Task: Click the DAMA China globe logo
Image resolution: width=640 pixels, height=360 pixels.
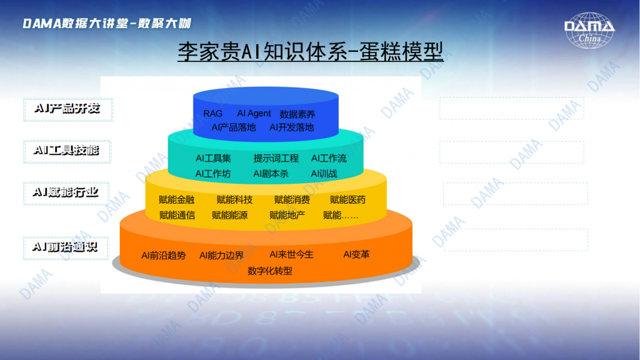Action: pyautogui.click(x=589, y=31)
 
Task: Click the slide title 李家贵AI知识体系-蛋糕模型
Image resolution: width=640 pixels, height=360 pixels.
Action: pyautogui.click(x=310, y=52)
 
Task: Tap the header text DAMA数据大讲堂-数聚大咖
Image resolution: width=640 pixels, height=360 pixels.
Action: pyautogui.click(x=107, y=23)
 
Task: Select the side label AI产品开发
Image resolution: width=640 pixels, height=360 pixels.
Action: pyautogui.click(x=67, y=109)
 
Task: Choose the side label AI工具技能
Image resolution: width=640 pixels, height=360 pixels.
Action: pyautogui.click(x=66, y=151)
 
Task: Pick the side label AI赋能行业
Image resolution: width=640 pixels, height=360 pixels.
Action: pyautogui.click(x=66, y=192)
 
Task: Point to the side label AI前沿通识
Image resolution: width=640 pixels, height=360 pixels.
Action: pyautogui.click(x=65, y=247)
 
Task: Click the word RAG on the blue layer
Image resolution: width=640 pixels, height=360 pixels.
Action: pyautogui.click(x=212, y=114)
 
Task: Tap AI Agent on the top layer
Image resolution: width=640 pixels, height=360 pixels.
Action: pyautogui.click(x=254, y=114)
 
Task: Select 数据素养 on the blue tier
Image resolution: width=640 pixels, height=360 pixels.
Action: pyautogui.click(x=297, y=114)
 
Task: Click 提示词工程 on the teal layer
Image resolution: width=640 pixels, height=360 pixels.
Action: pyautogui.click(x=276, y=158)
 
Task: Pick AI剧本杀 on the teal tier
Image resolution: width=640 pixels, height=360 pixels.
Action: pyautogui.click(x=271, y=174)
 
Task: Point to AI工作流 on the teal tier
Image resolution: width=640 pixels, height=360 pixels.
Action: pyautogui.click(x=329, y=158)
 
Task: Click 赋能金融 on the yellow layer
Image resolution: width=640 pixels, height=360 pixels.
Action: pyautogui.click(x=176, y=199)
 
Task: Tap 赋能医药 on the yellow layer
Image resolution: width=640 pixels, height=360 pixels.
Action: pyautogui.click(x=347, y=199)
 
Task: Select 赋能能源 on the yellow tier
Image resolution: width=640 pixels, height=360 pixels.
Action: pyautogui.click(x=229, y=215)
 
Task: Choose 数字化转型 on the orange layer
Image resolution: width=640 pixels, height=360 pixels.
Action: pyautogui.click(x=270, y=271)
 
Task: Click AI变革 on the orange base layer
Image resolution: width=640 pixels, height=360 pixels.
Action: pyautogui.click(x=356, y=255)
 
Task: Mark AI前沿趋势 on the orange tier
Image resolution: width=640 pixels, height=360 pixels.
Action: pyautogui.click(x=164, y=256)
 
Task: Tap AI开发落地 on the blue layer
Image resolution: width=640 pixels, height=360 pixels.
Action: pyautogui.click(x=291, y=127)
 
